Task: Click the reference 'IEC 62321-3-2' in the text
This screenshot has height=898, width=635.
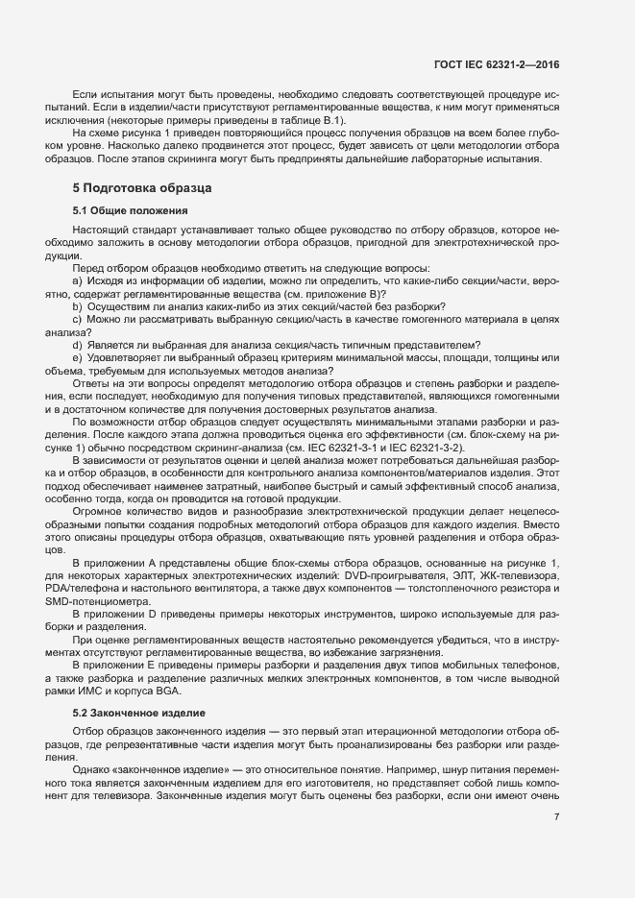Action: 429,448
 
